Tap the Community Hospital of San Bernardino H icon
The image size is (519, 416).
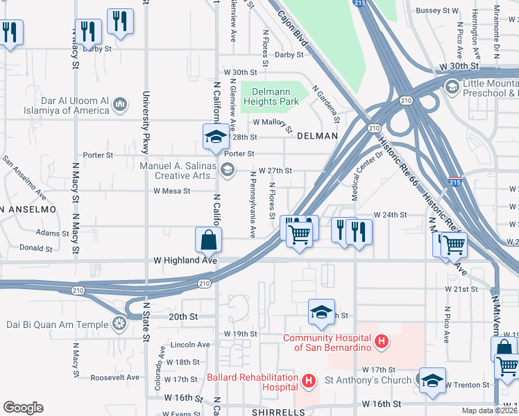pyautogui.click(x=381, y=341)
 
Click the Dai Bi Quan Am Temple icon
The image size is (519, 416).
pyautogui.click(x=119, y=323)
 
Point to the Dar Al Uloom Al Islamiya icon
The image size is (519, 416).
pyautogui.click(x=120, y=105)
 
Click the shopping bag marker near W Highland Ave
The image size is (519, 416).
pyautogui.click(x=208, y=241)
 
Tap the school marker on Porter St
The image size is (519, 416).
pyautogui.click(x=216, y=136)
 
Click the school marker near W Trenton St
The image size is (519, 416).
pyautogui.click(x=432, y=380)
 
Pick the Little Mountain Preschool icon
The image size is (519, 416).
pyautogui.click(x=452, y=87)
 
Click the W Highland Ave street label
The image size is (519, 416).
pyautogui.click(x=186, y=261)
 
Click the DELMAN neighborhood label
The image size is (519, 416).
pyautogui.click(x=316, y=137)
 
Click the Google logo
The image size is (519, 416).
pyautogui.click(x=24, y=408)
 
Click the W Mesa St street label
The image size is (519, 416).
pyautogui.click(x=172, y=191)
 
